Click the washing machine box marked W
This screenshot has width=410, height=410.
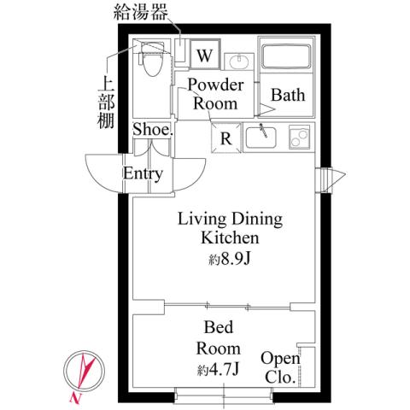pos(204,56)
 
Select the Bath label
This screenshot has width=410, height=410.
pos(288,96)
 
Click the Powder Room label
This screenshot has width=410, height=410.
pos(216,94)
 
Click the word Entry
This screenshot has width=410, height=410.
pos(143,174)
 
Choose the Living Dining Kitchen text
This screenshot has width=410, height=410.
pos(228,228)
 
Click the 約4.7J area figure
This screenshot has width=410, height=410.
pos(219,370)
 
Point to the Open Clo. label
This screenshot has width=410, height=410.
pos(279,368)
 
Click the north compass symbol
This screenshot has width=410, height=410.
pos(83,373)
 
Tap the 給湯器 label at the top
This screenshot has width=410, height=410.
pos(141,14)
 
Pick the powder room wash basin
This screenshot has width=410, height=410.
pos(238,61)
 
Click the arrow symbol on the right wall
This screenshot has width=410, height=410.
pos(331,179)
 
